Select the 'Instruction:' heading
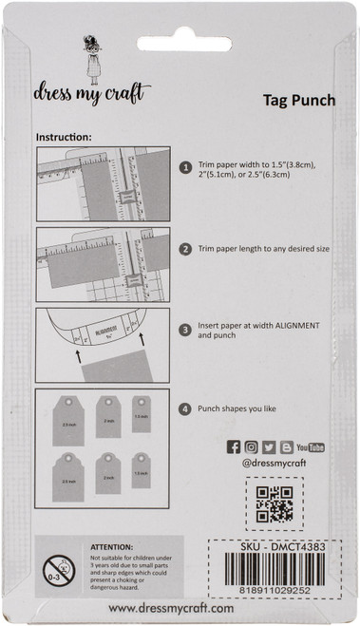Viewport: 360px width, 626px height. click(64, 137)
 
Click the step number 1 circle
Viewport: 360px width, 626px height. click(187, 167)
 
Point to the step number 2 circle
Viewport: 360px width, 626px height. click(187, 249)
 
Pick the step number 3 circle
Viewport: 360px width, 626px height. click(187, 331)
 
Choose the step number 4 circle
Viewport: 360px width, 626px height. click(187, 410)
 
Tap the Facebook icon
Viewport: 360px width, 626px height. click(234, 447)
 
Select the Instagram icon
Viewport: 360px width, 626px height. click(251, 447)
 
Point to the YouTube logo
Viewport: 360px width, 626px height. click(309, 447)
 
